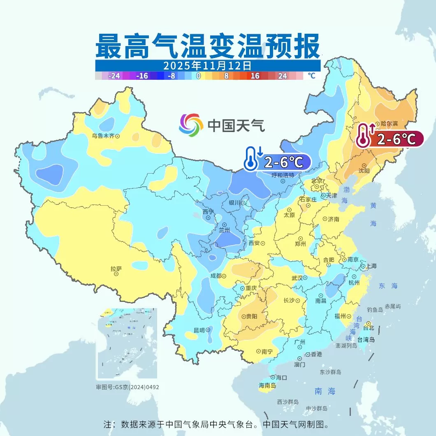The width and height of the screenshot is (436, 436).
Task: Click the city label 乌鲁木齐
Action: click(x=103, y=135)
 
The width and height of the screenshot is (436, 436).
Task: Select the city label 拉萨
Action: click(x=116, y=269)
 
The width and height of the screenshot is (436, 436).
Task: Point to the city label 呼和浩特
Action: click(x=283, y=175)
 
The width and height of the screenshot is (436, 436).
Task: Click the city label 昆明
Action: click(x=199, y=330)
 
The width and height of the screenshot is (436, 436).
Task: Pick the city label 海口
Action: click(x=281, y=377)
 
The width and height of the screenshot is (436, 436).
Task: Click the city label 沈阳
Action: click(x=364, y=170)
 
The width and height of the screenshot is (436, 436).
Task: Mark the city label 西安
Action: click(x=254, y=243)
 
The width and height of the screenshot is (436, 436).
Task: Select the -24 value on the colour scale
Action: click(x=114, y=76)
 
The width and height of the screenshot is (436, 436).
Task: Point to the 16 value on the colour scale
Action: click(x=255, y=76)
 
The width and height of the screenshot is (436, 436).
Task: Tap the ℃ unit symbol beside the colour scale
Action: click(x=311, y=76)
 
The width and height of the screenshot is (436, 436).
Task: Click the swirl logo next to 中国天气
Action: click(x=191, y=124)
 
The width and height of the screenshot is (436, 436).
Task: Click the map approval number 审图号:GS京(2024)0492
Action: click(x=128, y=387)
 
